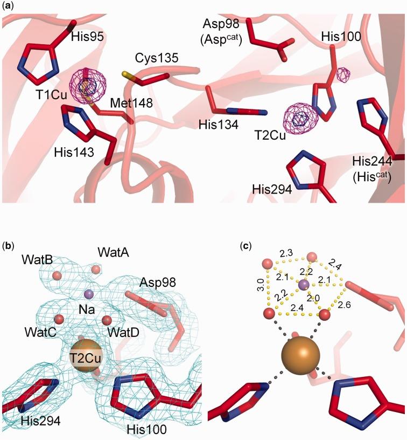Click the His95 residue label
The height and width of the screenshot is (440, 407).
click(x=88, y=37)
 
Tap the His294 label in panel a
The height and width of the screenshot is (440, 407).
click(x=272, y=190)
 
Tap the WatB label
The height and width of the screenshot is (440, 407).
click(x=37, y=259)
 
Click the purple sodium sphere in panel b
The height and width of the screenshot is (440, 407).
click(x=89, y=294)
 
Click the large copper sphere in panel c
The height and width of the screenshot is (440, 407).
click(x=300, y=357)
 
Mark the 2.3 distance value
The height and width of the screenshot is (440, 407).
click(x=286, y=253)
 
